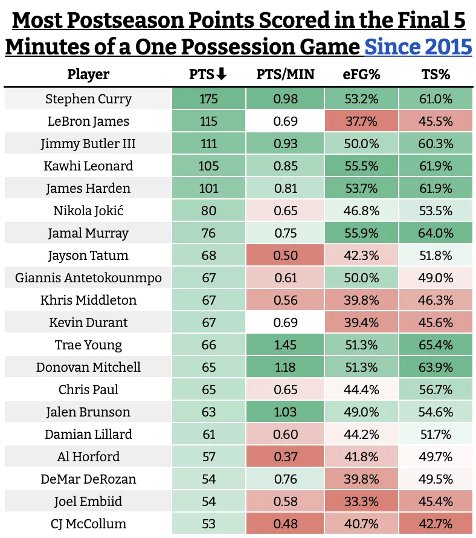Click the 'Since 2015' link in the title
point(419,46)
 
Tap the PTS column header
point(201,75)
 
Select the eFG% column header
point(361,75)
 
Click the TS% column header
point(436,75)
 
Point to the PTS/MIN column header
point(285,75)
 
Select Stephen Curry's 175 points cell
point(208,99)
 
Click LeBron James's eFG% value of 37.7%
point(361,122)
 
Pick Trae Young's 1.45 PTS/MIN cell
point(285,345)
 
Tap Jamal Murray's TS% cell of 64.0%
point(436,233)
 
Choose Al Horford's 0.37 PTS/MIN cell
point(285,457)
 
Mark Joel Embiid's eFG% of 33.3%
point(361,502)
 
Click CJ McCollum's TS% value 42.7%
point(436,524)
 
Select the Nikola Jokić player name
point(88,211)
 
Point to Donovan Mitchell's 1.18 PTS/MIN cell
point(285,368)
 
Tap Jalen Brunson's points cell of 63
point(208,412)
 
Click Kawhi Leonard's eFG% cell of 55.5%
point(361,166)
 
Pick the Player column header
point(88,75)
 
